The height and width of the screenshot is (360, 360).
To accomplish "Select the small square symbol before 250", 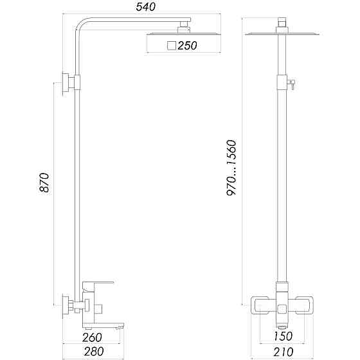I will pos(171,45).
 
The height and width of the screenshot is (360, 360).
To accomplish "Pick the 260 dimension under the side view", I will pos(93,337).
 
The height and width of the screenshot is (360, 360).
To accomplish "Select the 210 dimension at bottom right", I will pos(283,352).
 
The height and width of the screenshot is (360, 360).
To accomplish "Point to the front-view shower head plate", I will pos(282,32).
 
